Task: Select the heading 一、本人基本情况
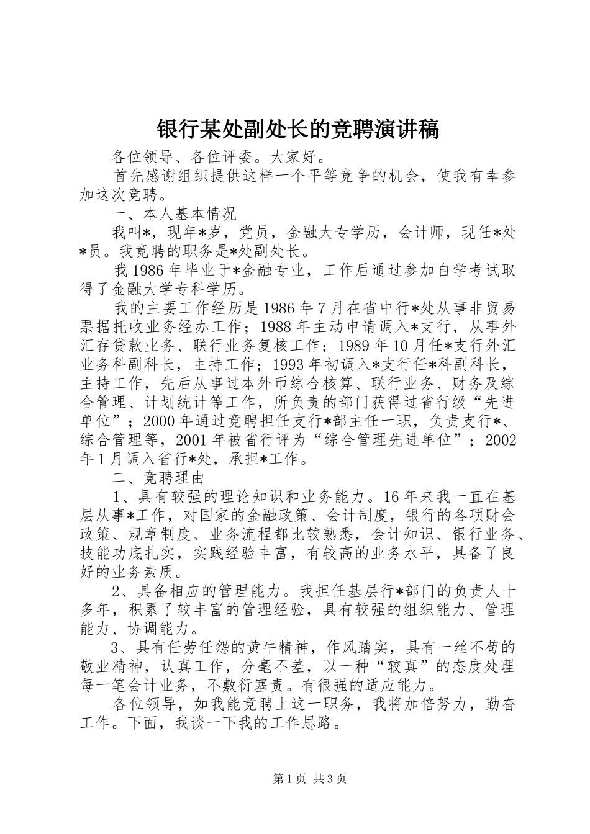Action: [174, 215]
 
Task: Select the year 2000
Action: [159, 421]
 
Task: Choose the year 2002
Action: [501, 441]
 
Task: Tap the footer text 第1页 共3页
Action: [309, 779]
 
